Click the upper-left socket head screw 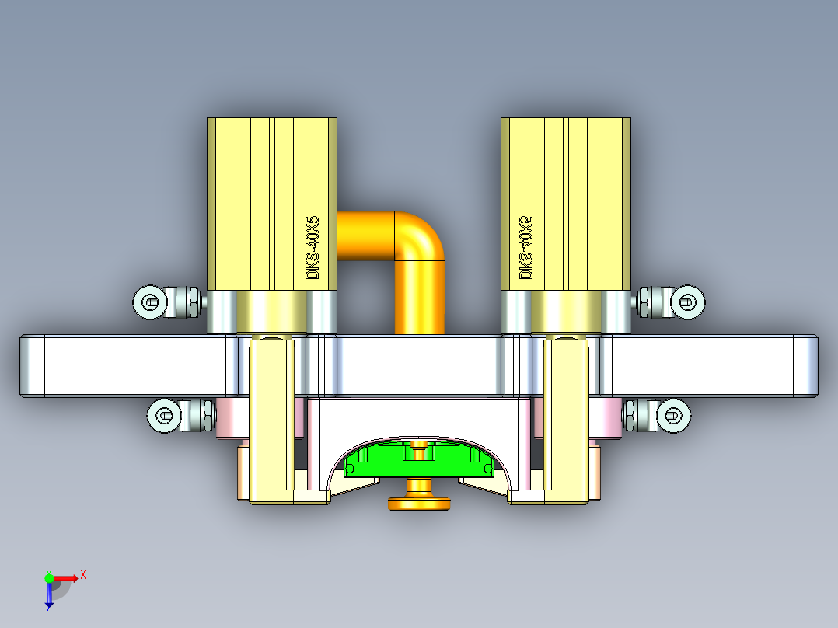(150, 302)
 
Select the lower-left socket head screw (164, 416)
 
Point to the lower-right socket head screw (673, 416)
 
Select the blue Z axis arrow (49, 595)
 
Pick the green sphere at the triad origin (49, 577)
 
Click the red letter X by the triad (83, 574)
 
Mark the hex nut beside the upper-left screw (187, 302)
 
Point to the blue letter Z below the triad (48, 609)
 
